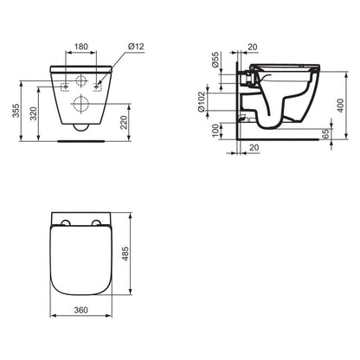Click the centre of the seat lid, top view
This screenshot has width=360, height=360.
pos(80,264)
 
